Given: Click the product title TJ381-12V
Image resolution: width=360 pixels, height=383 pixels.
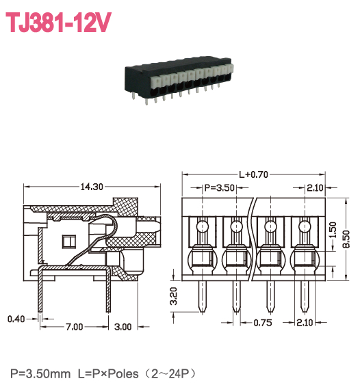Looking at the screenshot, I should pyautogui.click(x=58, y=23).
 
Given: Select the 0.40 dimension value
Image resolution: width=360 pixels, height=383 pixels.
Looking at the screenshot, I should pyautogui.click(x=15, y=319).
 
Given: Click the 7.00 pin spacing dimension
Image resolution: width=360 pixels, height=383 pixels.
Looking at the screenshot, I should pyautogui.click(x=75, y=328).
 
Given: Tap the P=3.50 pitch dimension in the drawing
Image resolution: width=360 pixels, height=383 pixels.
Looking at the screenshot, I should pyautogui.click(x=220, y=187).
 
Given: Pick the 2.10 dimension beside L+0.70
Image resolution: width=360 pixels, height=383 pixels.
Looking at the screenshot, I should pyautogui.click(x=316, y=187).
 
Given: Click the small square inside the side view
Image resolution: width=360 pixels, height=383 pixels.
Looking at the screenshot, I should pyautogui.click(x=68, y=241).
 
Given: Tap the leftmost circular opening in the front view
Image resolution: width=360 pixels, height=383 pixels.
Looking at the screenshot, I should pyautogui.click(x=203, y=226).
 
